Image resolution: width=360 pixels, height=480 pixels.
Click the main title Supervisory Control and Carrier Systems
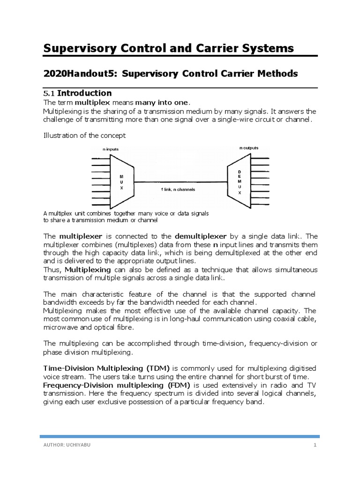click(168, 48)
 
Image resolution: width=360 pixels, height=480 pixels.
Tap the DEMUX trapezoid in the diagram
click(239, 182)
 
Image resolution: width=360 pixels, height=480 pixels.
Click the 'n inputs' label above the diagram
click(111, 149)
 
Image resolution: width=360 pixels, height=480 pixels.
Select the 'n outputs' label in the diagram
click(249, 148)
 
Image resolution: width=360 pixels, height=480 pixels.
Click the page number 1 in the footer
click(315, 445)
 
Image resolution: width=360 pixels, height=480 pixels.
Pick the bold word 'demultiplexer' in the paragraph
click(201, 236)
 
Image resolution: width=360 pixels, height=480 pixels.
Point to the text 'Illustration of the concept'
click(84, 135)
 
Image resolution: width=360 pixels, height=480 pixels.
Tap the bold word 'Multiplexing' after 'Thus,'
click(88, 270)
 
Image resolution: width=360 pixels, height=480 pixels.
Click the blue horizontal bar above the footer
click(180, 436)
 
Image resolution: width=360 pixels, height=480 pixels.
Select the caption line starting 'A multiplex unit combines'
click(126, 213)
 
